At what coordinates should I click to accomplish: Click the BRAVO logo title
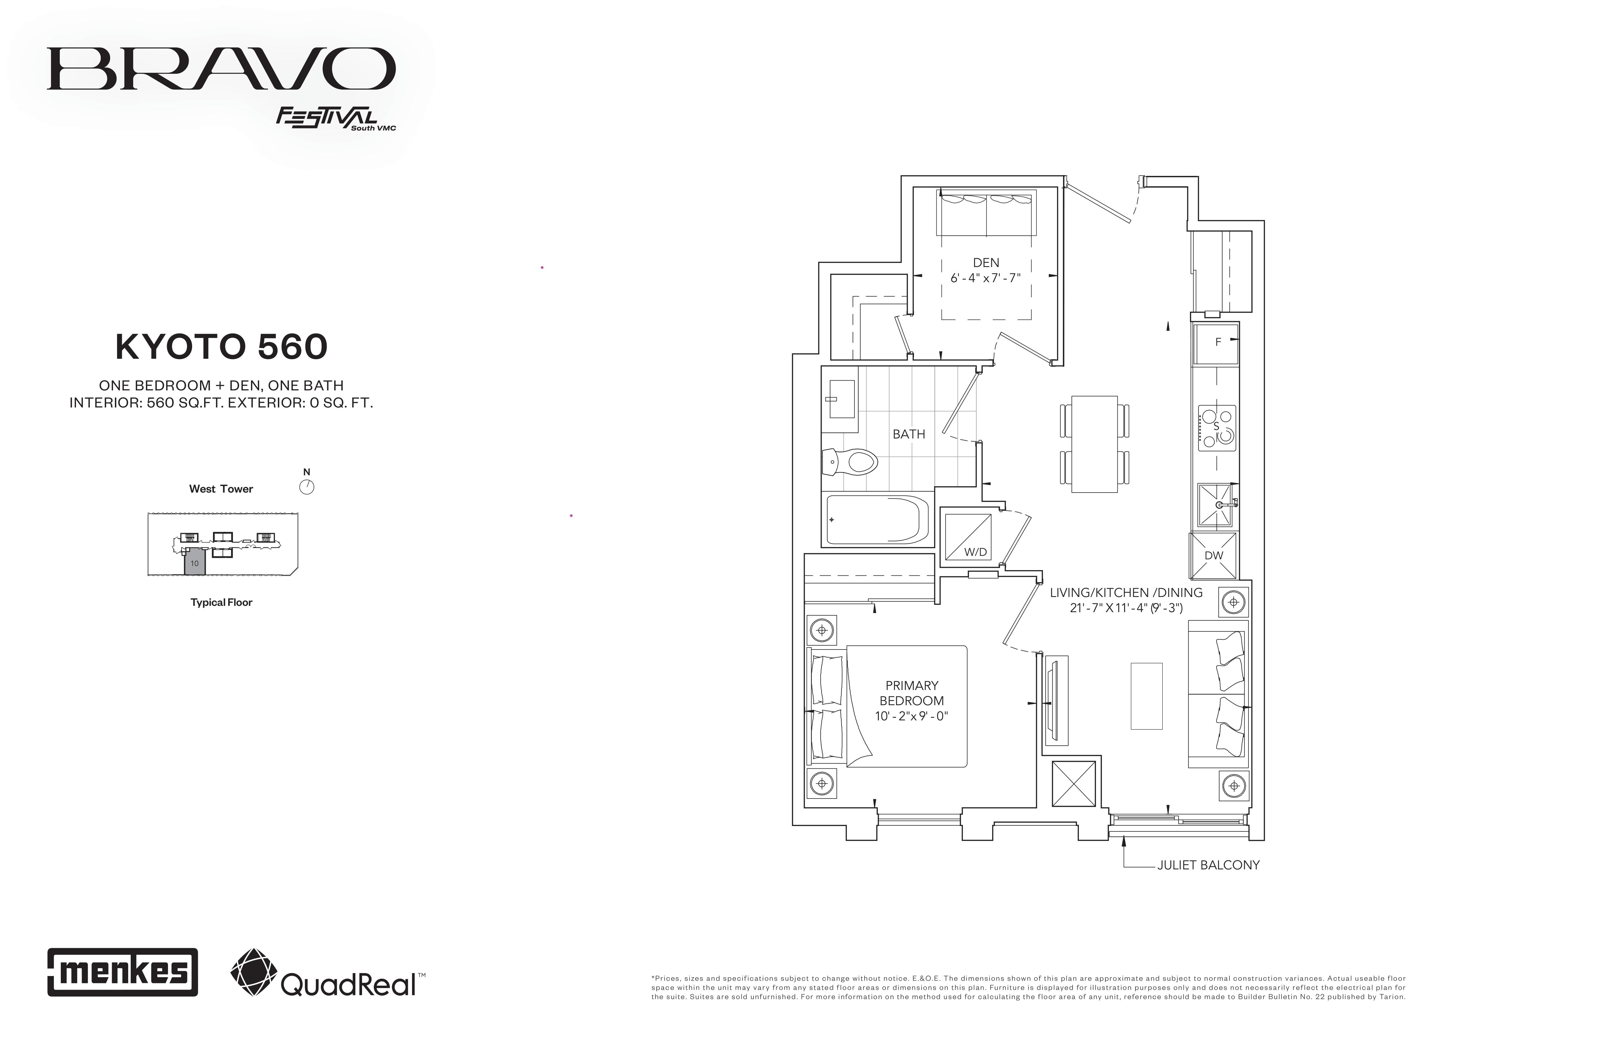coord(221,68)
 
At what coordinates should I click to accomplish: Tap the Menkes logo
coord(123,972)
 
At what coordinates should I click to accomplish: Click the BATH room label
coord(909,434)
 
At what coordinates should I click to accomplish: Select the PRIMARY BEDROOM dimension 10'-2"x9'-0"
coord(911,716)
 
